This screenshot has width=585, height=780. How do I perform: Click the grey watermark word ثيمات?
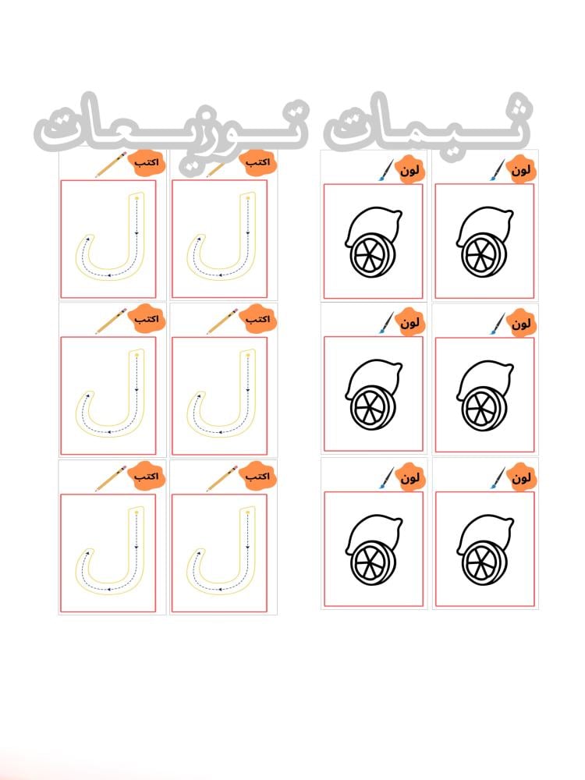(x=427, y=126)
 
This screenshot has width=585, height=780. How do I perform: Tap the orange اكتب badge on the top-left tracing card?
(x=147, y=163)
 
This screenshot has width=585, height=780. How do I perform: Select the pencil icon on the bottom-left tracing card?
(x=111, y=479)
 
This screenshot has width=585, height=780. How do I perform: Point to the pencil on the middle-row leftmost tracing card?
(x=111, y=321)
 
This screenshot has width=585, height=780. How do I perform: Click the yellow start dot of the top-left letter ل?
(x=136, y=199)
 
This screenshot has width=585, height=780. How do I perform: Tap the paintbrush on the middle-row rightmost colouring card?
(x=498, y=324)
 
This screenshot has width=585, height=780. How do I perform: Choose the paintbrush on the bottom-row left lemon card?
(x=386, y=478)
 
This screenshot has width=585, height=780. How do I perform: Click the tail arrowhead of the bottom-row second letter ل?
(x=199, y=551)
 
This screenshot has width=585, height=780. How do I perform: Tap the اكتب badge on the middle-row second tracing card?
(x=257, y=319)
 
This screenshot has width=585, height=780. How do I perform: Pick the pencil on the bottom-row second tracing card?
(x=222, y=479)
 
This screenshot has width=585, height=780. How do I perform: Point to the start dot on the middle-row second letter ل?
(x=248, y=355)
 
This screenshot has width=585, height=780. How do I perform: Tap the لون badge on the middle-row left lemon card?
(x=410, y=324)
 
